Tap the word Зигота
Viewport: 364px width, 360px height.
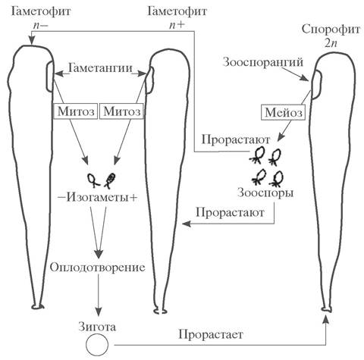97,327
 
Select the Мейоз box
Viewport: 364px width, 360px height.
284,113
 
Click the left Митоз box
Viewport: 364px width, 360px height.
76,111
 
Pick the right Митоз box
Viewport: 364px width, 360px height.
122,111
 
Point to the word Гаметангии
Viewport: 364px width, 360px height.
101,68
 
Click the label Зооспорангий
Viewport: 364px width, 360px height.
263,62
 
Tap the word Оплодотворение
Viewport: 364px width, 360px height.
98,268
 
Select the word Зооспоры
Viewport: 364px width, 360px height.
265,193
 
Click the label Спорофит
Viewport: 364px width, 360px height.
331,30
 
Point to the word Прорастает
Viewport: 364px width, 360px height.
211,335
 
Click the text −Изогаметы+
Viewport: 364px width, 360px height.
98,198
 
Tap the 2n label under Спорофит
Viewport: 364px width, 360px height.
331,43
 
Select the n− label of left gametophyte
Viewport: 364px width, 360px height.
39,25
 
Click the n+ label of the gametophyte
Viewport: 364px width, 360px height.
177,25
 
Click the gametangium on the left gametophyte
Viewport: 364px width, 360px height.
50,77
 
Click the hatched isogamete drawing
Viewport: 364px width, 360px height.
110,180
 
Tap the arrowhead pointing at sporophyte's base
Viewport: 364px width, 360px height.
326,319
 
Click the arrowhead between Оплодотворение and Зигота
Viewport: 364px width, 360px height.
99,310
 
